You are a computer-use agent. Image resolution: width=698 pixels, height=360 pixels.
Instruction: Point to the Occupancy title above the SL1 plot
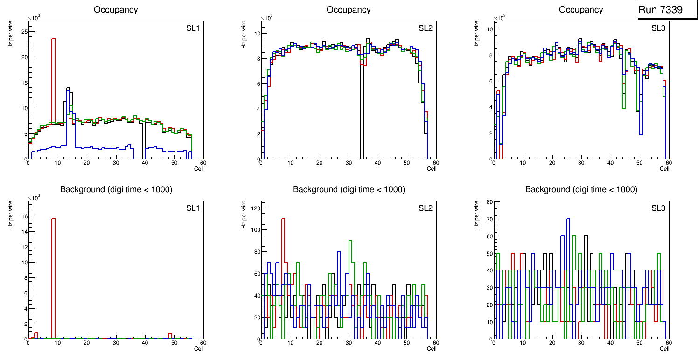click(x=116, y=10)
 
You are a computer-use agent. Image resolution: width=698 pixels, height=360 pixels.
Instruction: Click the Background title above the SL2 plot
click(x=349, y=189)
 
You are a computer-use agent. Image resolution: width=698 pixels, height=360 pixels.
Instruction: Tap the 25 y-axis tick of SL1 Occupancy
click(x=24, y=32)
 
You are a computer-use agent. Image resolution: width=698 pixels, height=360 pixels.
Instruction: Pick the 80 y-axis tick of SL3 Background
click(x=489, y=202)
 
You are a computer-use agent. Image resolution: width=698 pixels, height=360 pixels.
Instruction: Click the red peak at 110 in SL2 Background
click(x=283, y=219)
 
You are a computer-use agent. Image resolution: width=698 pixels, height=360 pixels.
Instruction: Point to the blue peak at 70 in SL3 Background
click(x=568, y=220)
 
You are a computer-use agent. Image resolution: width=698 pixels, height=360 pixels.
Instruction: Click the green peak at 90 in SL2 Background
click(x=350, y=242)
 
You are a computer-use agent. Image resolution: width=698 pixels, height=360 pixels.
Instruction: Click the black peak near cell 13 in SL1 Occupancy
click(x=68, y=88)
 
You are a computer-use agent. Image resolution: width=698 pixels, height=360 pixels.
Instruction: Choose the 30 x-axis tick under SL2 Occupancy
click(x=349, y=163)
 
